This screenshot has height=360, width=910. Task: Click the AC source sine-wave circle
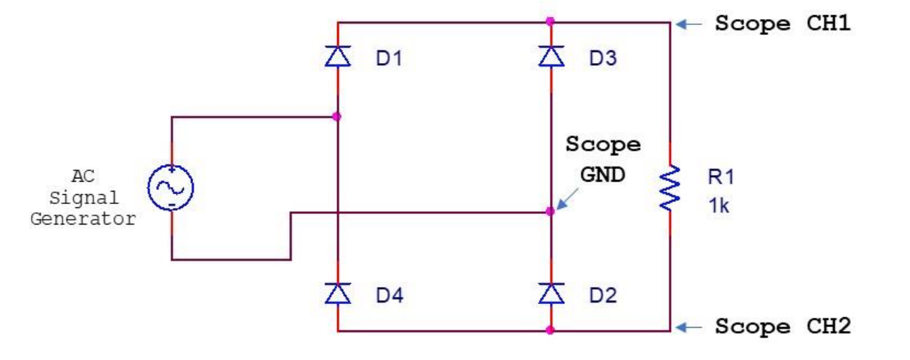pyautogui.click(x=171, y=188)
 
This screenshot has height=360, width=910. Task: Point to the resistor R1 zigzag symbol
pyautogui.click(x=670, y=188)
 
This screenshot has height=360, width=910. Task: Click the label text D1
pyautogui.click(x=388, y=59)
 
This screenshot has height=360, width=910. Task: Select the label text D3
pyautogui.click(x=602, y=59)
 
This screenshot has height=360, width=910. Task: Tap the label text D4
pyautogui.click(x=388, y=296)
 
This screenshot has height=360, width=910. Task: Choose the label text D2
pyautogui.click(x=602, y=296)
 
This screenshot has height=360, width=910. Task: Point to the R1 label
pyautogui.click(x=720, y=176)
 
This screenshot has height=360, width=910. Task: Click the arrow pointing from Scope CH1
pyautogui.click(x=690, y=24)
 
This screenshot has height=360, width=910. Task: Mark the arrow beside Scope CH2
pyautogui.click(x=690, y=326)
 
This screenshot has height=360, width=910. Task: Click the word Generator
pyautogui.click(x=83, y=219)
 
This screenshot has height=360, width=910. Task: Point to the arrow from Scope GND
pyautogui.click(x=568, y=197)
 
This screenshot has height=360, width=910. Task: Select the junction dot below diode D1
pyautogui.click(x=337, y=116)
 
